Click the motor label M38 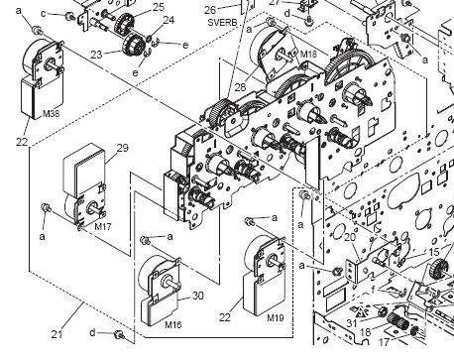click(x=51, y=114)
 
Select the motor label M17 click(x=103, y=227)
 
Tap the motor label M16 click(x=173, y=324)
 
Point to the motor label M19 click(x=276, y=318)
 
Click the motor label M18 click(x=308, y=54)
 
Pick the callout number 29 click(x=122, y=148)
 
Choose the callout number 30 click(x=197, y=296)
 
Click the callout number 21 click(x=57, y=334)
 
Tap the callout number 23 click(x=96, y=55)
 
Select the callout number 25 click(x=159, y=7)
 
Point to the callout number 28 click(x=241, y=87)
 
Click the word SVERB click(x=222, y=23)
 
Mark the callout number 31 click(x=352, y=323)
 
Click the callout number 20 click(x=350, y=237)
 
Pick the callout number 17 click(x=384, y=342)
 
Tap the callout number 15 click(x=434, y=252)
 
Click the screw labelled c click(x=69, y=16)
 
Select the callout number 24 click(x=169, y=20)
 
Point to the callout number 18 click(x=365, y=331)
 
